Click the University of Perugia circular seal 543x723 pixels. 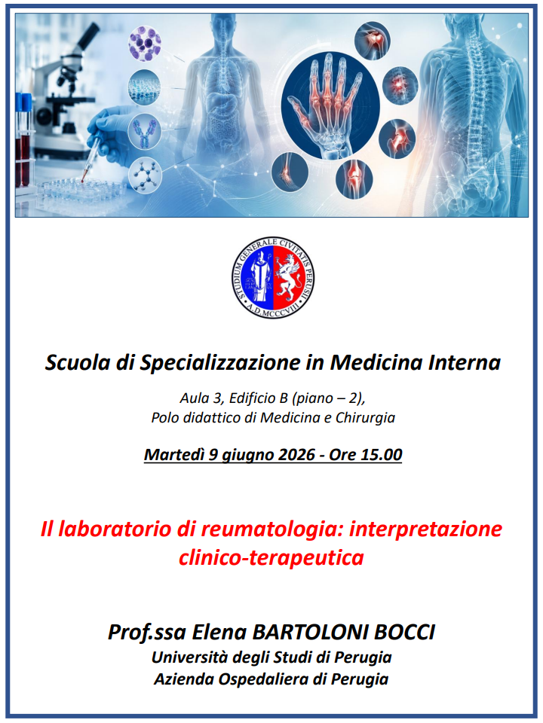pyautogui.click(x=273, y=278)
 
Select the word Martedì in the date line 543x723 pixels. pyautogui.click(x=174, y=455)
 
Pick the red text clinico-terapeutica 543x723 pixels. pyautogui.click(x=271, y=557)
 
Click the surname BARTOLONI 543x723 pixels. pyautogui.click(x=310, y=632)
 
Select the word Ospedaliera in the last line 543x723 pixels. pyautogui.click(x=262, y=679)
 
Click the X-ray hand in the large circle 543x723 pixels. pyautogui.click(x=330, y=105)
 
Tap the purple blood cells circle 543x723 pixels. pyautogui.click(x=145, y=43)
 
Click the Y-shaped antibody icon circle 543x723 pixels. pyautogui.click(x=145, y=132)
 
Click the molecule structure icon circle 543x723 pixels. pyautogui.click(x=145, y=175)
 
